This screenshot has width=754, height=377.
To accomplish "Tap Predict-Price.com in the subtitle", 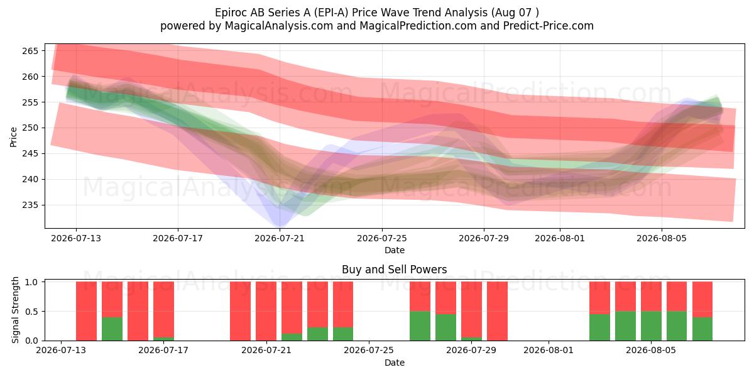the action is (x=549, y=26).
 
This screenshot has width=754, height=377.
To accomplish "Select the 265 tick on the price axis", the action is (x=30, y=51).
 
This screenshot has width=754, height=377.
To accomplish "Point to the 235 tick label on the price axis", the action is (x=30, y=205).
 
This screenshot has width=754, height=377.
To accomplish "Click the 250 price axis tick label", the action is (x=30, y=128).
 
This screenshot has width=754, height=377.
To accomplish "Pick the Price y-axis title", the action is (x=13, y=137).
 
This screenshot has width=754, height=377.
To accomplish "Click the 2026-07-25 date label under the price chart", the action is (x=382, y=238).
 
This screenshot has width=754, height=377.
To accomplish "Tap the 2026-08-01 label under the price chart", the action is (x=560, y=238).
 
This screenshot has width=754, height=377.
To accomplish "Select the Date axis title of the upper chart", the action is (x=395, y=250).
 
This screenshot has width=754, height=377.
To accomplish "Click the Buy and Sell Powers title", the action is (x=394, y=270).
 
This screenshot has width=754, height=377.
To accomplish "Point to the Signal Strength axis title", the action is (x=15, y=310).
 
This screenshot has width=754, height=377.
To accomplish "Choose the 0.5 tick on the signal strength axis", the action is (x=31, y=312).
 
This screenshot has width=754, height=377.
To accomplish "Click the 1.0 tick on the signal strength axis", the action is (x=31, y=282).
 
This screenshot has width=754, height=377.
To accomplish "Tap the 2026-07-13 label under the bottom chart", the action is (x=61, y=351).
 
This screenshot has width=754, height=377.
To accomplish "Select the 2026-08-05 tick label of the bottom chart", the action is (x=651, y=351).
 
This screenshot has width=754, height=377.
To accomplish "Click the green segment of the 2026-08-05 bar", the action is (x=651, y=326).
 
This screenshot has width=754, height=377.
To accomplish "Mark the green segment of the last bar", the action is (x=702, y=329).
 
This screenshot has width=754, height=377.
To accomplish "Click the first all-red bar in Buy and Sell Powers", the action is (x=87, y=311).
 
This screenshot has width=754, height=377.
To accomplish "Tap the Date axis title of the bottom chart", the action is (x=395, y=363).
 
